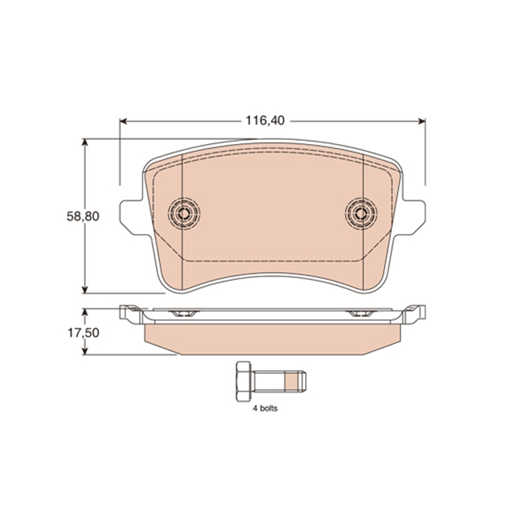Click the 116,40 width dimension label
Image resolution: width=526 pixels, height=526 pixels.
265,120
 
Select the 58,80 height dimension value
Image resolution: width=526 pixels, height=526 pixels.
83,216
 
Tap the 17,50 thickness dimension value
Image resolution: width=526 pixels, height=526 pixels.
84,333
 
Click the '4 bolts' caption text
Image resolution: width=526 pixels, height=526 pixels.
265,408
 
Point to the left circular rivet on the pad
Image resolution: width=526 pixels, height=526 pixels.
184,213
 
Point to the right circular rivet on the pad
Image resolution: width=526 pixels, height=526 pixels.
361,213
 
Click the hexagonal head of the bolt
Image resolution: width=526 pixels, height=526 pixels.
243,381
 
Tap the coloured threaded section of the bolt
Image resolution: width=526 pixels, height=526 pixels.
291,381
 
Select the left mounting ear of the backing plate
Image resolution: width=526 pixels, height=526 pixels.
133,218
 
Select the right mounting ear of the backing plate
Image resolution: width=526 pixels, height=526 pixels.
413,218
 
